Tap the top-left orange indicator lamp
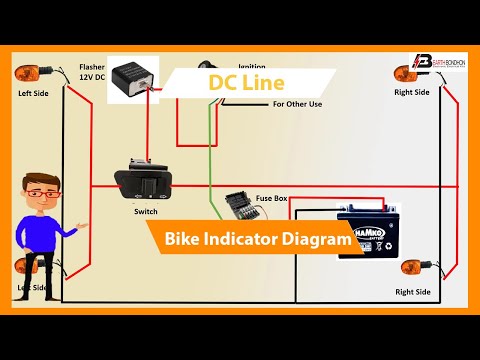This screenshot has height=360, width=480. click(27, 72)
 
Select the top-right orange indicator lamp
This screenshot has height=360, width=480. click(406, 73)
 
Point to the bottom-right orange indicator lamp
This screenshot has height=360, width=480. click(412, 267)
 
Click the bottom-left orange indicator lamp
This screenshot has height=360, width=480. click(27, 267)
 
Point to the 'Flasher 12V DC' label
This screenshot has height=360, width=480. click(92, 74)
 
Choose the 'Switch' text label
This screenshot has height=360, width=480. click(145, 212)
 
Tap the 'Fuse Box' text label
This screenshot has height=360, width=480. click(273, 199)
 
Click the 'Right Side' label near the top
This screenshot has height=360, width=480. click(412, 92)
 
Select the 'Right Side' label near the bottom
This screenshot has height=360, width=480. click(412, 292)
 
